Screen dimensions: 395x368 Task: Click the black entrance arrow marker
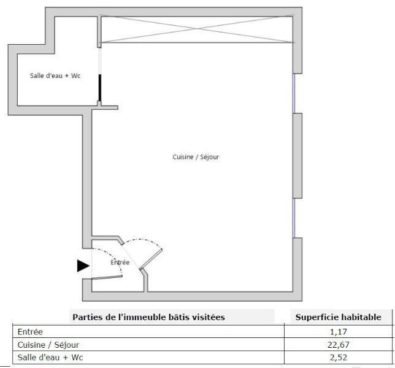pyautogui.click(x=83, y=266)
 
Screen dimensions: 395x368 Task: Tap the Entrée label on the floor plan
pyautogui.click(x=120, y=263)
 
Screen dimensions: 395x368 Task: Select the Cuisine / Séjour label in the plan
pyautogui.click(x=196, y=157)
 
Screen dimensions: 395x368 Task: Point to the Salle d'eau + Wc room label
pyautogui.click(x=55, y=75)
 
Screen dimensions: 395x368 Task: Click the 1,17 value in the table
pyautogui.click(x=339, y=332)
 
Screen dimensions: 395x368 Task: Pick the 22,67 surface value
pyautogui.click(x=339, y=345)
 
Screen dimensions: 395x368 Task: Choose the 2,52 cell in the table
pyautogui.click(x=339, y=358)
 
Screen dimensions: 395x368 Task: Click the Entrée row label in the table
pyautogui.click(x=30, y=332)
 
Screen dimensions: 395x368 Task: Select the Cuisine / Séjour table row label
pyautogui.click(x=48, y=345)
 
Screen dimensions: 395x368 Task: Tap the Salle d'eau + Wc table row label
pyautogui.click(x=50, y=358)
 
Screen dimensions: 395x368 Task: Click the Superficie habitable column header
pyautogui.click(x=339, y=317)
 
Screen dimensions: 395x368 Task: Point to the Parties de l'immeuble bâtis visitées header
pyautogui.click(x=148, y=317)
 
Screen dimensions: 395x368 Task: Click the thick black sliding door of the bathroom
pyautogui.click(x=100, y=88)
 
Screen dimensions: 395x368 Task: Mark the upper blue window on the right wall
pyautogui.click(x=294, y=93)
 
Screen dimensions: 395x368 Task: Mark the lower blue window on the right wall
pyautogui.click(x=294, y=218)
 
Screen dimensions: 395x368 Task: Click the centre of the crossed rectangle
pyautogui.click(x=197, y=29)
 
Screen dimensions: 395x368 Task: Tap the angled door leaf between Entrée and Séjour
pyautogui.click(x=151, y=259)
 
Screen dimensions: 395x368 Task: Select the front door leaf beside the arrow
pyautogui.click(x=107, y=277)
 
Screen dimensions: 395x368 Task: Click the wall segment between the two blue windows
pyautogui.click(x=297, y=156)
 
